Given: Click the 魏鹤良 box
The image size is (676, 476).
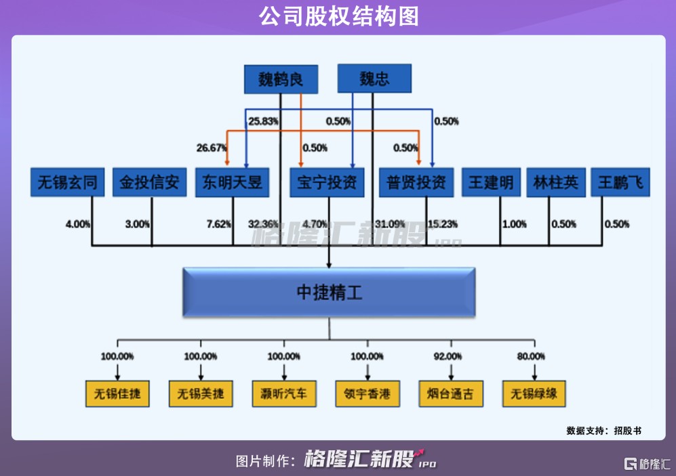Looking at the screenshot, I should click(280, 79).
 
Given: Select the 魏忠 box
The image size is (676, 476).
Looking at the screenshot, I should click(374, 79).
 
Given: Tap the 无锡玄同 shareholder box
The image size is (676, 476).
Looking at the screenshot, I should click(67, 182).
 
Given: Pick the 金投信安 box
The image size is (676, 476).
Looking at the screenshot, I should click(150, 182).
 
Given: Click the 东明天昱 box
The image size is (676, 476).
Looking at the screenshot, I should click(232, 182).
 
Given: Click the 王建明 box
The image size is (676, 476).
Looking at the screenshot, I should click(492, 182).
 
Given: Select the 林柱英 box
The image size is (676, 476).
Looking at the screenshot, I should click(556, 182).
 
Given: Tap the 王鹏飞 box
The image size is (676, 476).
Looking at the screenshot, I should click(620, 182).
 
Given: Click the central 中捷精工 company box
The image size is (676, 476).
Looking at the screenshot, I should click(329, 293).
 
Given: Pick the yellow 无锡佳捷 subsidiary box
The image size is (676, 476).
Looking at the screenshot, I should click(117, 393).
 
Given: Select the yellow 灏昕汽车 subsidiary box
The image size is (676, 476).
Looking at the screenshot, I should click(283, 393).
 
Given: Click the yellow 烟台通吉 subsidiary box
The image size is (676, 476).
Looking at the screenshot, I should click(451, 393).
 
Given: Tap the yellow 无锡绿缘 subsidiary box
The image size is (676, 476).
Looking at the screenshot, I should click(534, 393).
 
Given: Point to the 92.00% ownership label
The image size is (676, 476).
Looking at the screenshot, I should click(448, 356).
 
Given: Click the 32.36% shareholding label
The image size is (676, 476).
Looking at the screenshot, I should click(263, 224).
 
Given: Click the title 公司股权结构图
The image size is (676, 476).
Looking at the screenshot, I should click(338, 16).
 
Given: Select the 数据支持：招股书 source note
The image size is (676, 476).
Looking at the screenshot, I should click(603, 430).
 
